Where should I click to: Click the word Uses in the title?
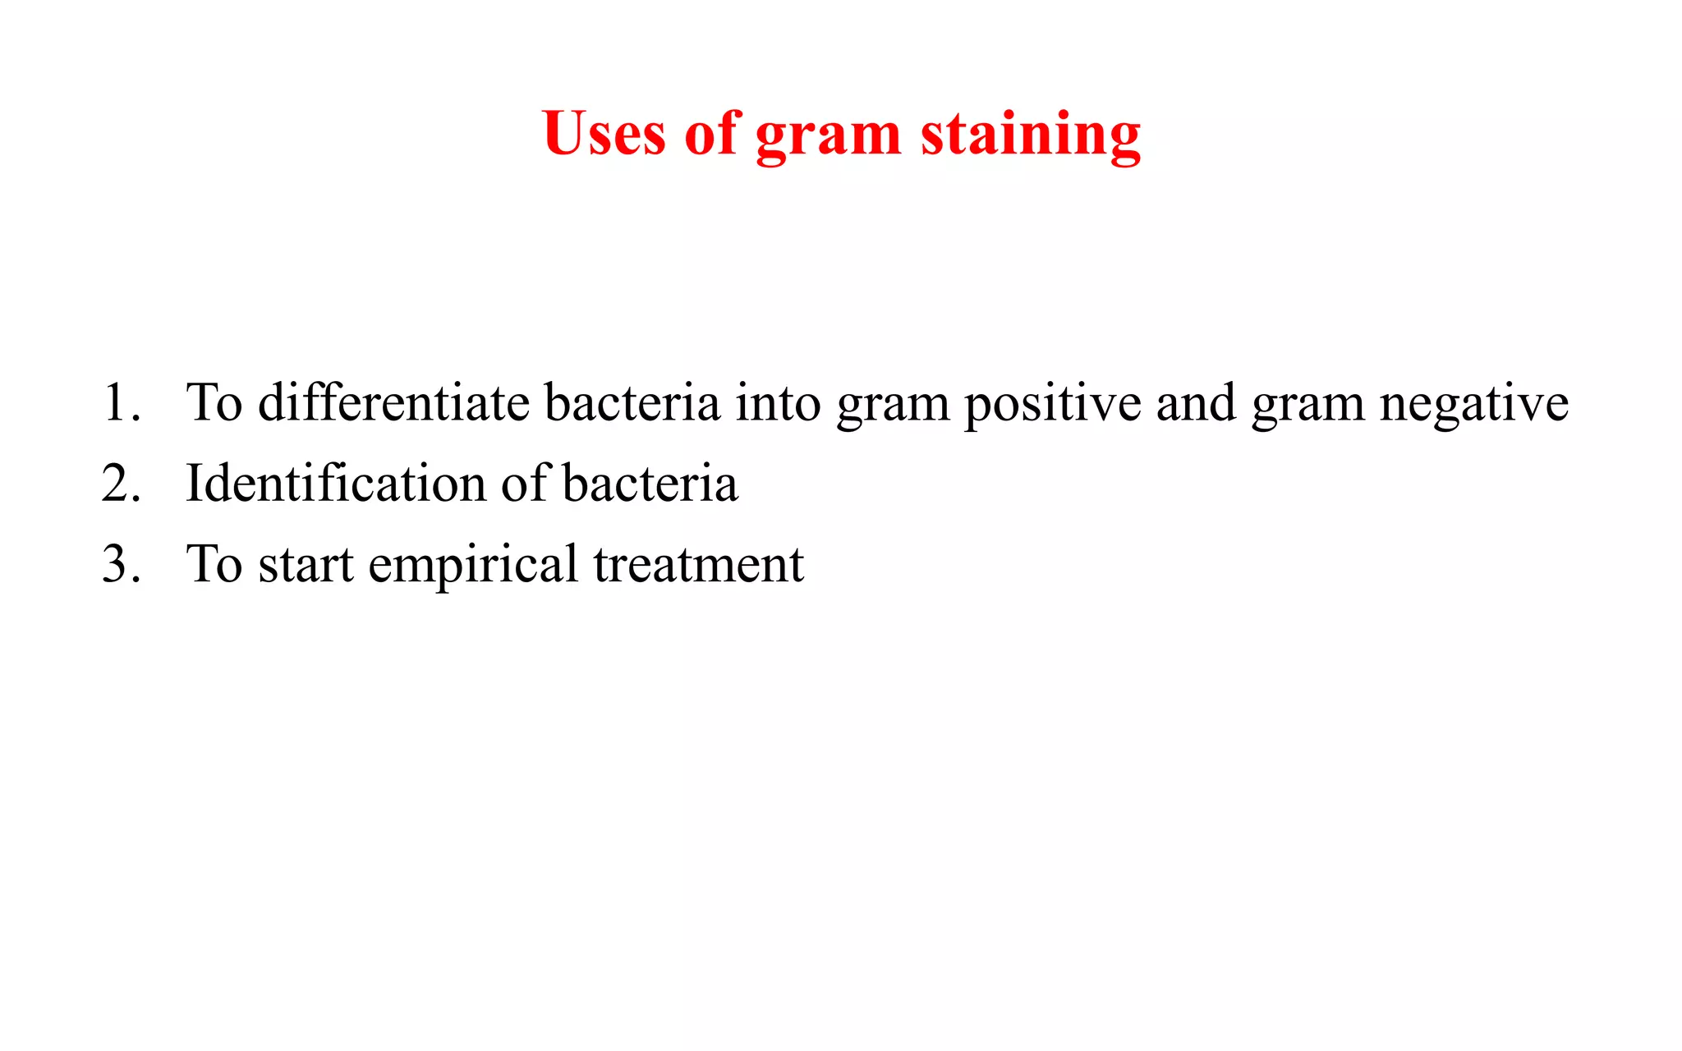(604, 133)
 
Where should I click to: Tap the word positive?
(1052, 405)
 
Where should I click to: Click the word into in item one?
(778, 403)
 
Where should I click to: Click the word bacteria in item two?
(650, 484)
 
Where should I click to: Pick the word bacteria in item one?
(632, 403)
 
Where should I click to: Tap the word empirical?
(473, 566)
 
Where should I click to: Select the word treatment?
(699, 566)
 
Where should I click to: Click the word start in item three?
(306, 566)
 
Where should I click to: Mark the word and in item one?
(1196, 403)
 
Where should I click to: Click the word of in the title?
(711, 133)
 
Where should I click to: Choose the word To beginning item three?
(214, 564)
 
